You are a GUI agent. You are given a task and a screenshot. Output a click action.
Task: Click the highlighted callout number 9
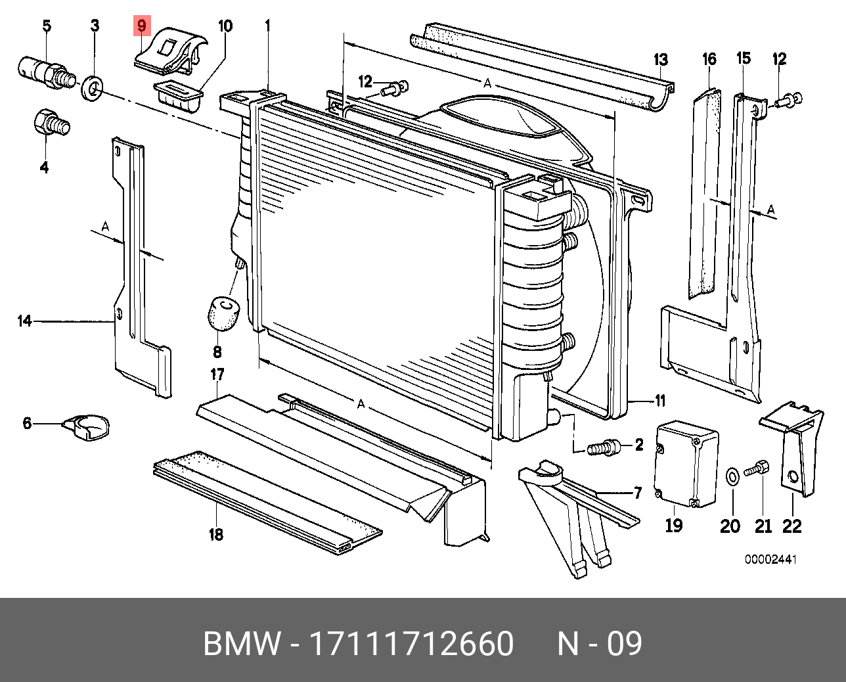142,27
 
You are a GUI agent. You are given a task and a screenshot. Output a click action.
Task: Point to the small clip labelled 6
87,426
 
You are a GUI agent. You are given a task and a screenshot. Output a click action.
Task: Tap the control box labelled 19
686,464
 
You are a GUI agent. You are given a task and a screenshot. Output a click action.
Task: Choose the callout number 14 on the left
24,321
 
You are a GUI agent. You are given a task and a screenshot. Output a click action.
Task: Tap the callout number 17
217,375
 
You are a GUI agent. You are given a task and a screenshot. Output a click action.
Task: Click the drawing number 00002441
770,560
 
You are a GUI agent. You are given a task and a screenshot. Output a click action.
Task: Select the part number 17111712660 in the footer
411,643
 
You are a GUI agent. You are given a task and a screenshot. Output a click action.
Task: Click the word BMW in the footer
241,643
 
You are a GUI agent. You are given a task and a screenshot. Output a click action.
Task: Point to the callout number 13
661,60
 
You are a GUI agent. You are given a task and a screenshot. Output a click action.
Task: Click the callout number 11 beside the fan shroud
660,400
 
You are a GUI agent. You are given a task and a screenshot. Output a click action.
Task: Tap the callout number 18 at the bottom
216,534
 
